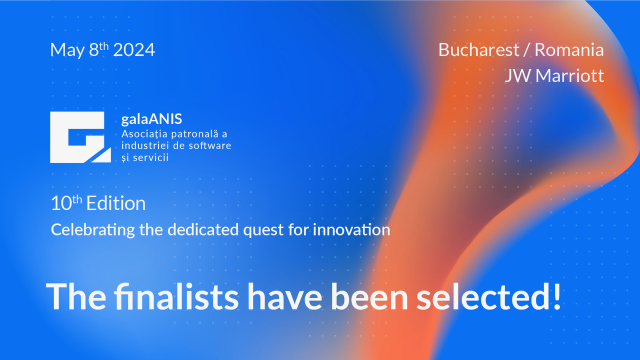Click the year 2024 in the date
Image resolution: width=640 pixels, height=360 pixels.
pos(134,49)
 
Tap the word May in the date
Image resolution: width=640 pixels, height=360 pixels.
pos(67,51)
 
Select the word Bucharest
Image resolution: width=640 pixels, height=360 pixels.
pos(478,49)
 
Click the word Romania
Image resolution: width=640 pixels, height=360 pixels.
pos(569,49)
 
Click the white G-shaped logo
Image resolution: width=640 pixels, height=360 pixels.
pos(80,137)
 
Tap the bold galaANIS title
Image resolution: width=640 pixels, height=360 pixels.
pos(151,119)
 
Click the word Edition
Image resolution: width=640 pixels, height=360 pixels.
pos(116,203)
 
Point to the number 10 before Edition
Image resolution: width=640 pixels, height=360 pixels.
pos(61,203)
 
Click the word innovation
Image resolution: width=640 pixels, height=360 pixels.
pos(351,229)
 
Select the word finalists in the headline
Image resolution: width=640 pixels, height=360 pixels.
pos(176,296)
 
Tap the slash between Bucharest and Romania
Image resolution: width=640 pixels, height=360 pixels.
pos(527,50)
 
